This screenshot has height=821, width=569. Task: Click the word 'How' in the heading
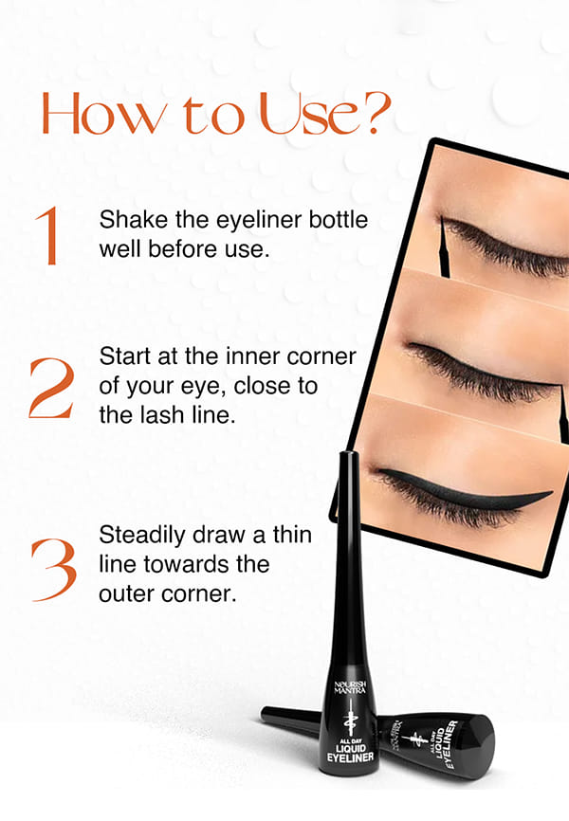pyautogui.click(x=104, y=113)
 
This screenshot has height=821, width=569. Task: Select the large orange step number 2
pyautogui.click(x=51, y=388)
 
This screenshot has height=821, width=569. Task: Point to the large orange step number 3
pyautogui.click(x=54, y=570)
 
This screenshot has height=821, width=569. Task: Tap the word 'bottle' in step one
pyautogui.click(x=338, y=219)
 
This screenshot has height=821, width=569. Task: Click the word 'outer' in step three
pyautogui.click(x=127, y=594)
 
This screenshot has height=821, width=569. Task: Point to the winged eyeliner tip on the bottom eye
pyautogui.click(x=551, y=492)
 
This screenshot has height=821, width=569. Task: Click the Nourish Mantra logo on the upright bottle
pyautogui.click(x=350, y=687)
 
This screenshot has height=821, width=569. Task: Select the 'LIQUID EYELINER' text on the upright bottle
pyautogui.click(x=350, y=753)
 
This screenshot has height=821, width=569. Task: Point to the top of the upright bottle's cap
pyautogui.click(x=348, y=453)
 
